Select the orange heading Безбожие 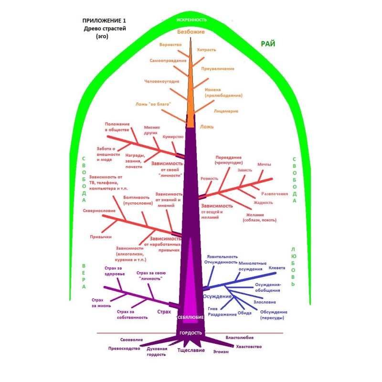pos(191,32)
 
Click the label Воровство pos(171,44)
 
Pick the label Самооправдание pos(167,61)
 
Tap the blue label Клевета pos(278,268)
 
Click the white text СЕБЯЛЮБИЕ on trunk pos(191,317)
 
